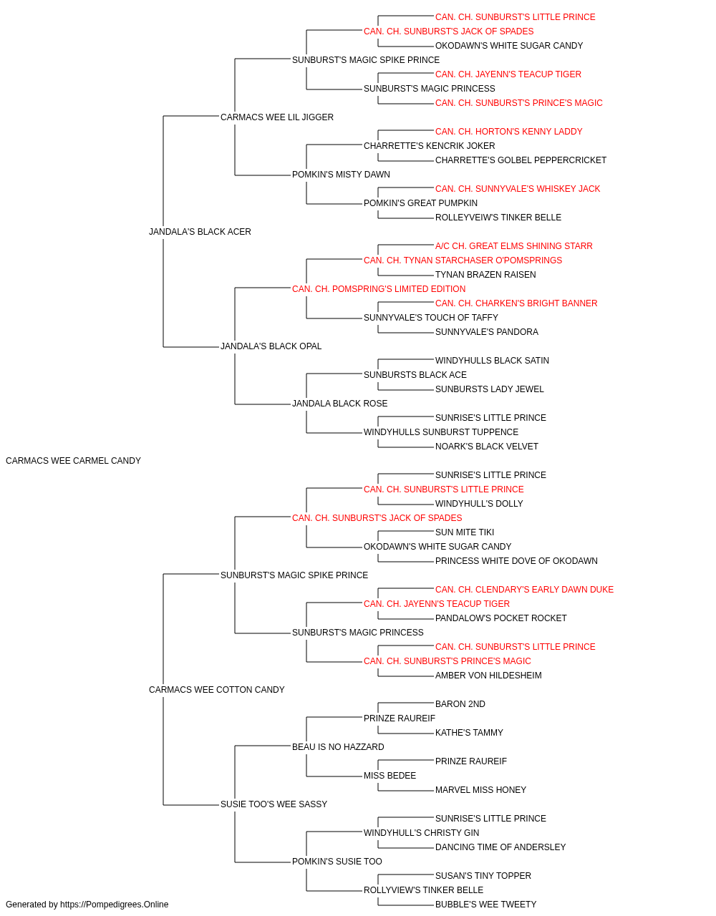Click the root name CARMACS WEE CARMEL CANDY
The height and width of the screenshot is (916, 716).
pos(73,461)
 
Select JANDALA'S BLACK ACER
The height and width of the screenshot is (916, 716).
pos(200,232)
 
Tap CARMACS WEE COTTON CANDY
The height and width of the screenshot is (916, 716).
pos(217,690)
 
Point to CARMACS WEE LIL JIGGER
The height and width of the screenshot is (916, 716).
pos(277,117)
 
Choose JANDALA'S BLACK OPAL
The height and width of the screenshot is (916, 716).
pos(271,346)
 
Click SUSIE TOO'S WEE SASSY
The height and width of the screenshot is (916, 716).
pos(274,804)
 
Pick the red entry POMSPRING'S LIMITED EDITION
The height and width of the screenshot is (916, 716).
pos(379,289)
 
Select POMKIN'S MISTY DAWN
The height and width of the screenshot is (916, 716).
pos(341,175)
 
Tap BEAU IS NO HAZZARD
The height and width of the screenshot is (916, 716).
pos(338,747)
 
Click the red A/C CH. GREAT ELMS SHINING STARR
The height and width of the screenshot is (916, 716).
pos(514,246)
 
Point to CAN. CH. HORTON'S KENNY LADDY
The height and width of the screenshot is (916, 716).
pos(509,132)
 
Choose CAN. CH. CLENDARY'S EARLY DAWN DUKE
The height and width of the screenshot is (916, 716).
pos(525,590)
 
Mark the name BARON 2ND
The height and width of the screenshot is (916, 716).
pos(460,704)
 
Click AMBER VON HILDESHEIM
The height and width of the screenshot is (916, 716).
pos(489,676)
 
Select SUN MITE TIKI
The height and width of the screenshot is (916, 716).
pos(465,532)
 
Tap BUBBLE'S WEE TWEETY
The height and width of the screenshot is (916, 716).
pos(485,905)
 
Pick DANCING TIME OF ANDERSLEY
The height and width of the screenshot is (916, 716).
pos(500,847)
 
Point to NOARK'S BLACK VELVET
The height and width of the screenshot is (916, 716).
pos(487,447)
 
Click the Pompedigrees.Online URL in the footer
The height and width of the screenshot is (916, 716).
pos(115,905)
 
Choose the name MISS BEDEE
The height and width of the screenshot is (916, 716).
pos(390,776)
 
